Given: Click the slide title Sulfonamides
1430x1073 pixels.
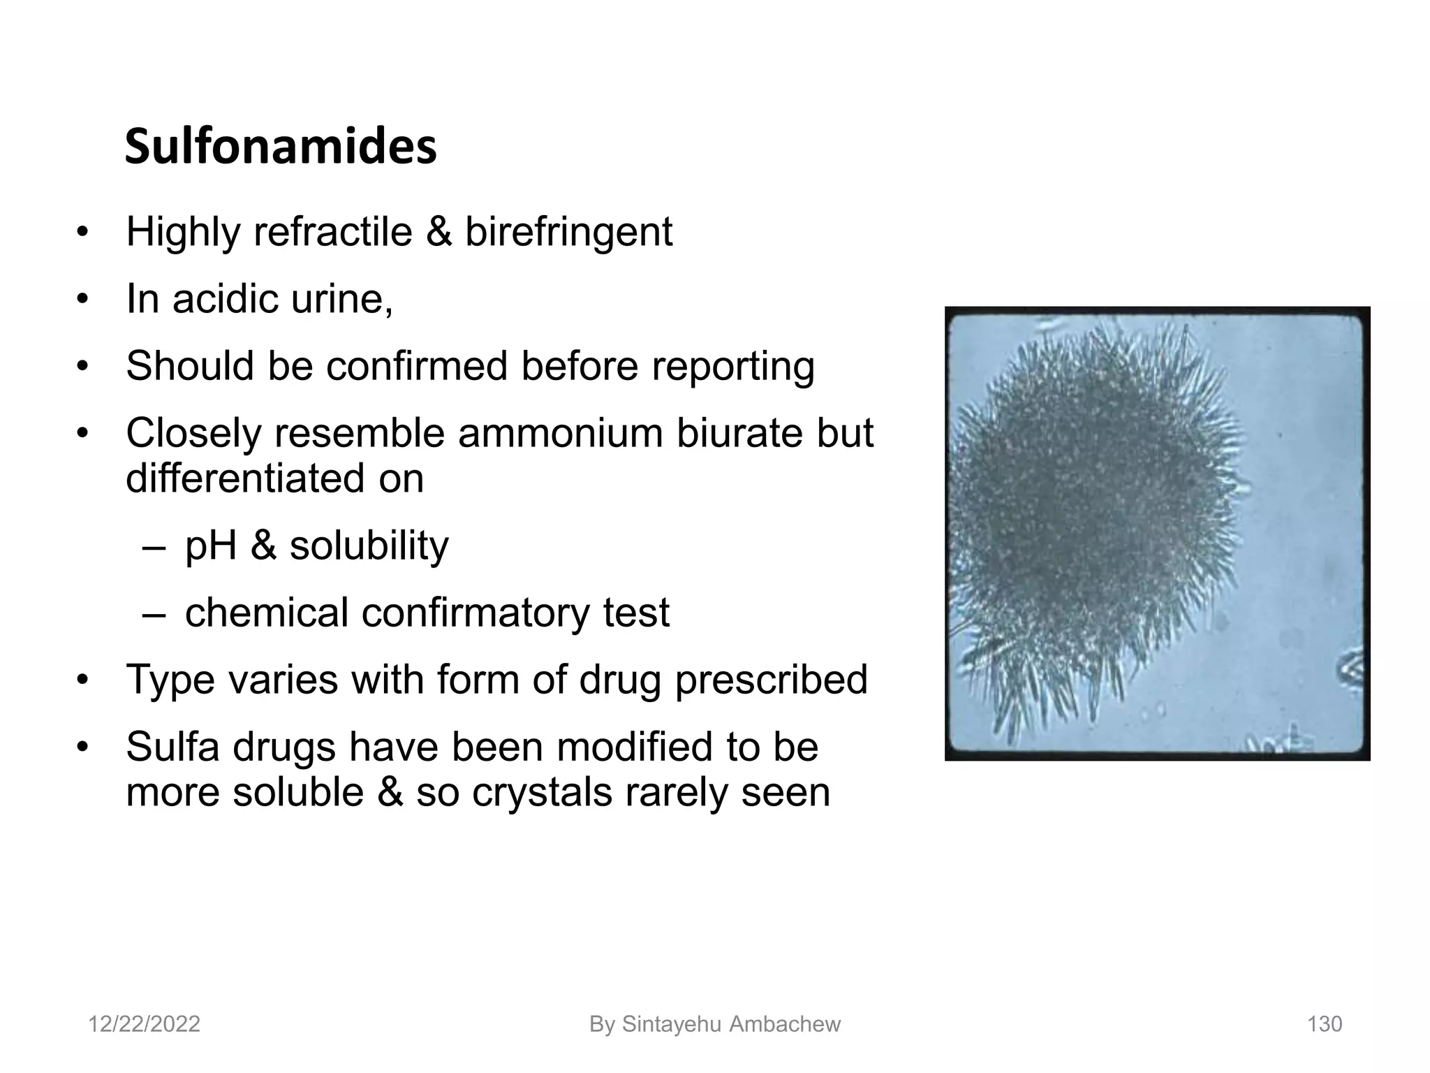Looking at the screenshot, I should (281, 147).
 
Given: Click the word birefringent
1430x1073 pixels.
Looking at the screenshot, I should (568, 232).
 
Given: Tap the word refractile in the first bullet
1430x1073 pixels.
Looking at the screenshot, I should (332, 232).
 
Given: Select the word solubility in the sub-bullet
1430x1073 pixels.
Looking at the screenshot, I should (369, 546).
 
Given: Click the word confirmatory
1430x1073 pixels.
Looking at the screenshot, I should (476, 613).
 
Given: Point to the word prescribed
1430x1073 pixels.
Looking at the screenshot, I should (771, 680).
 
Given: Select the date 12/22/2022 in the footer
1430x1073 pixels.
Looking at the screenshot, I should (144, 1024).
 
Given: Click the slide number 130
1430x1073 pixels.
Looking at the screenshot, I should (1325, 1024).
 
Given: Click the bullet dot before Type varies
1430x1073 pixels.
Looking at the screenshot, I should (83, 680).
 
